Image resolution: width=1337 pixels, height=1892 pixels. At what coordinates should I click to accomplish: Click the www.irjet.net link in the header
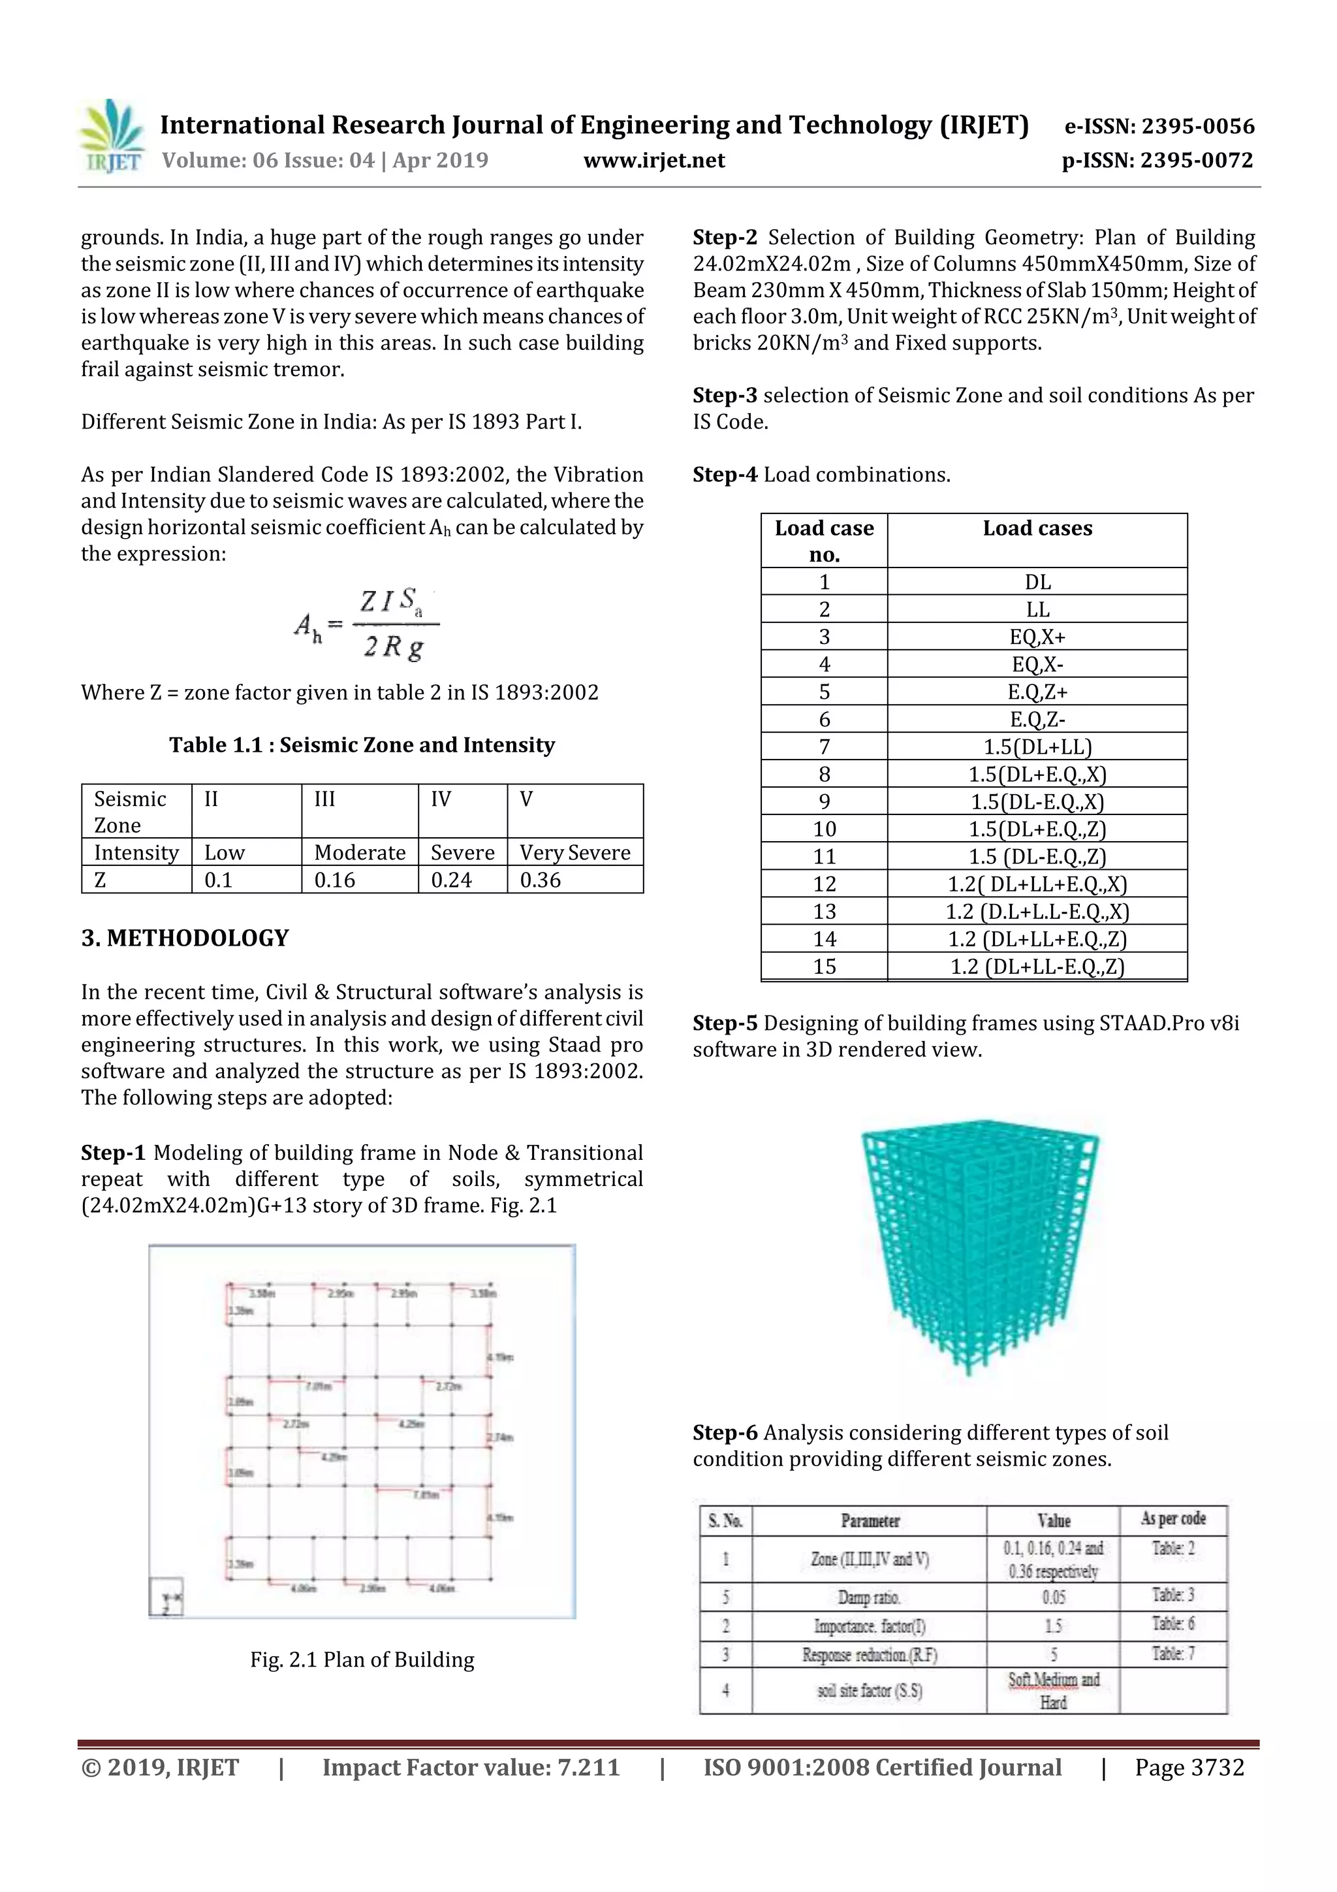pyautogui.click(x=654, y=161)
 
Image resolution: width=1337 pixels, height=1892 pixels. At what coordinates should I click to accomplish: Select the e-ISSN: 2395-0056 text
pyautogui.click(x=1159, y=126)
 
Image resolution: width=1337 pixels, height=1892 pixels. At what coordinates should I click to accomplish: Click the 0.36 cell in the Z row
pyautogui.click(x=541, y=880)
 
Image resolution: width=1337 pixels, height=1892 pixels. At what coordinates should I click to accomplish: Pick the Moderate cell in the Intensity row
pyautogui.click(x=360, y=853)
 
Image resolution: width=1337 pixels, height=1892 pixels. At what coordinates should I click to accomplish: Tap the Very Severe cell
pyautogui.click(x=575, y=853)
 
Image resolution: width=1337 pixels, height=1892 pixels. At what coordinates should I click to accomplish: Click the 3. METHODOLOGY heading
pyautogui.click(x=185, y=938)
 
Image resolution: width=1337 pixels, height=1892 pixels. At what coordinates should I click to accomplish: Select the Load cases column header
pyautogui.click(x=1037, y=528)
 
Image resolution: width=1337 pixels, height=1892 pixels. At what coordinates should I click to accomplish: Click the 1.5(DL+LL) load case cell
pyautogui.click(x=1037, y=747)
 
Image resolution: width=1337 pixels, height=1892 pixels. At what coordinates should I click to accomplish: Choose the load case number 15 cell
pyautogui.click(x=824, y=967)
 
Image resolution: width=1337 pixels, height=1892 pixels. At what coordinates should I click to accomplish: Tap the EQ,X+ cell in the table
pyautogui.click(x=1037, y=637)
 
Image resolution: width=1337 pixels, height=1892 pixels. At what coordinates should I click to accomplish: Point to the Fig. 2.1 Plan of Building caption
pyautogui.click(x=362, y=1660)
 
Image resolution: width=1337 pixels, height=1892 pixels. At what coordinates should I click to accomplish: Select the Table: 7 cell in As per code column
pyautogui.click(x=1173, y=1653)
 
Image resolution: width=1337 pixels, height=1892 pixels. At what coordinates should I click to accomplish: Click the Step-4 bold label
pyautogui.click(x=725, y=475)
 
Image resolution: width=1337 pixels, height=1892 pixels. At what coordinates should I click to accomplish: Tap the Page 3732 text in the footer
pyautogui.click(x=1189, y=1767)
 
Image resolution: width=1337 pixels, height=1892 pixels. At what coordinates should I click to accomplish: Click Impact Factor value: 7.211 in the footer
pyautogui.click(x=471, y=1767)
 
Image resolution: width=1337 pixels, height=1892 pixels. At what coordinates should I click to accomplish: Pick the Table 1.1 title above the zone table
pyautogui.click(x=362, y=745)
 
